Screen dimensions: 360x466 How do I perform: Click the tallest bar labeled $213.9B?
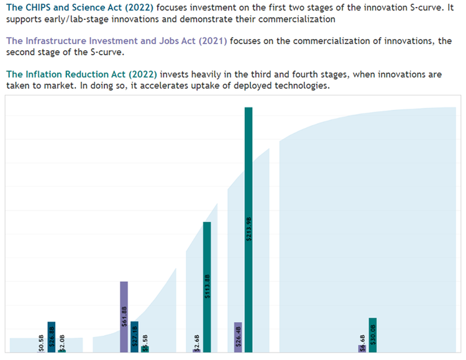point(249,230)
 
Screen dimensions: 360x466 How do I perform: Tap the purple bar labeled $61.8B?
point(124,317)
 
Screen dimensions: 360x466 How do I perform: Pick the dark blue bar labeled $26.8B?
point(52,337)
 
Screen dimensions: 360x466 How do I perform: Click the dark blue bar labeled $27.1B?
point(134,336)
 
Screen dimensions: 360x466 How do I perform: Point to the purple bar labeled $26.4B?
point(238,337)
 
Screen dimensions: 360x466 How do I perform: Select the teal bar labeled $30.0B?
point(373,335)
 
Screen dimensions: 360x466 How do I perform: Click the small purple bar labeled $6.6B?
point(362,348)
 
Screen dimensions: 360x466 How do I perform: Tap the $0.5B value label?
point(41,343)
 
